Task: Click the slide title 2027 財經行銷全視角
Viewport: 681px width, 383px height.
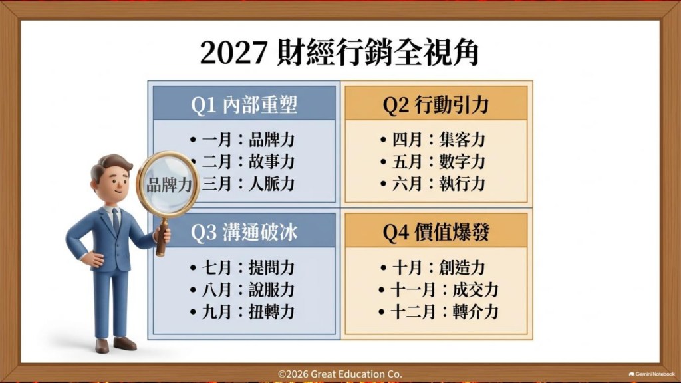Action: (339, 53)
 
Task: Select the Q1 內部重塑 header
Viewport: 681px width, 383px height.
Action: (244, 104)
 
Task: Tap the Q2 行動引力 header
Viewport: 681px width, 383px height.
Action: (436, 104)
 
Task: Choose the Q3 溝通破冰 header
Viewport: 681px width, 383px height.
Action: (244, 232)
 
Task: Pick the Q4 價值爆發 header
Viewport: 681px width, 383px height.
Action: (436, 232)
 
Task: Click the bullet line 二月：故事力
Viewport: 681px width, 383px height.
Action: (248, 162)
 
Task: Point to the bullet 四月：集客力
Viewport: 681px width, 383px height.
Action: (432, 140)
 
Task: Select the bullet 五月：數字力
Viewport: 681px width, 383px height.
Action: (432, 162)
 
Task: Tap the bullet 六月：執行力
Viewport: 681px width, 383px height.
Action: (432, 184)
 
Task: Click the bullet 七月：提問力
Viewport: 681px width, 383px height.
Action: (242, 267)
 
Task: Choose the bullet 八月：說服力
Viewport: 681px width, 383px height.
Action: (242, 290)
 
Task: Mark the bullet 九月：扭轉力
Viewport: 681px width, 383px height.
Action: (242, 312)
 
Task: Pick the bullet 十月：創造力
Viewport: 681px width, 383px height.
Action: (432, 267)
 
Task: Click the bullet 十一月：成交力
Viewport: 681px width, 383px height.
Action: (439, 290)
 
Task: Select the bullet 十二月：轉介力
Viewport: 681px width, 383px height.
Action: (439, 312)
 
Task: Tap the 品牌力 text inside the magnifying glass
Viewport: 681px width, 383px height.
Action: (169, 185)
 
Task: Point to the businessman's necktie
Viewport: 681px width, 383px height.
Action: (116, 221)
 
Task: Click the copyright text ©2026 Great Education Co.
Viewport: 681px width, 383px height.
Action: (340, 374)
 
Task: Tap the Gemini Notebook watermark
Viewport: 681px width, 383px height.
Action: (652, 374)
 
